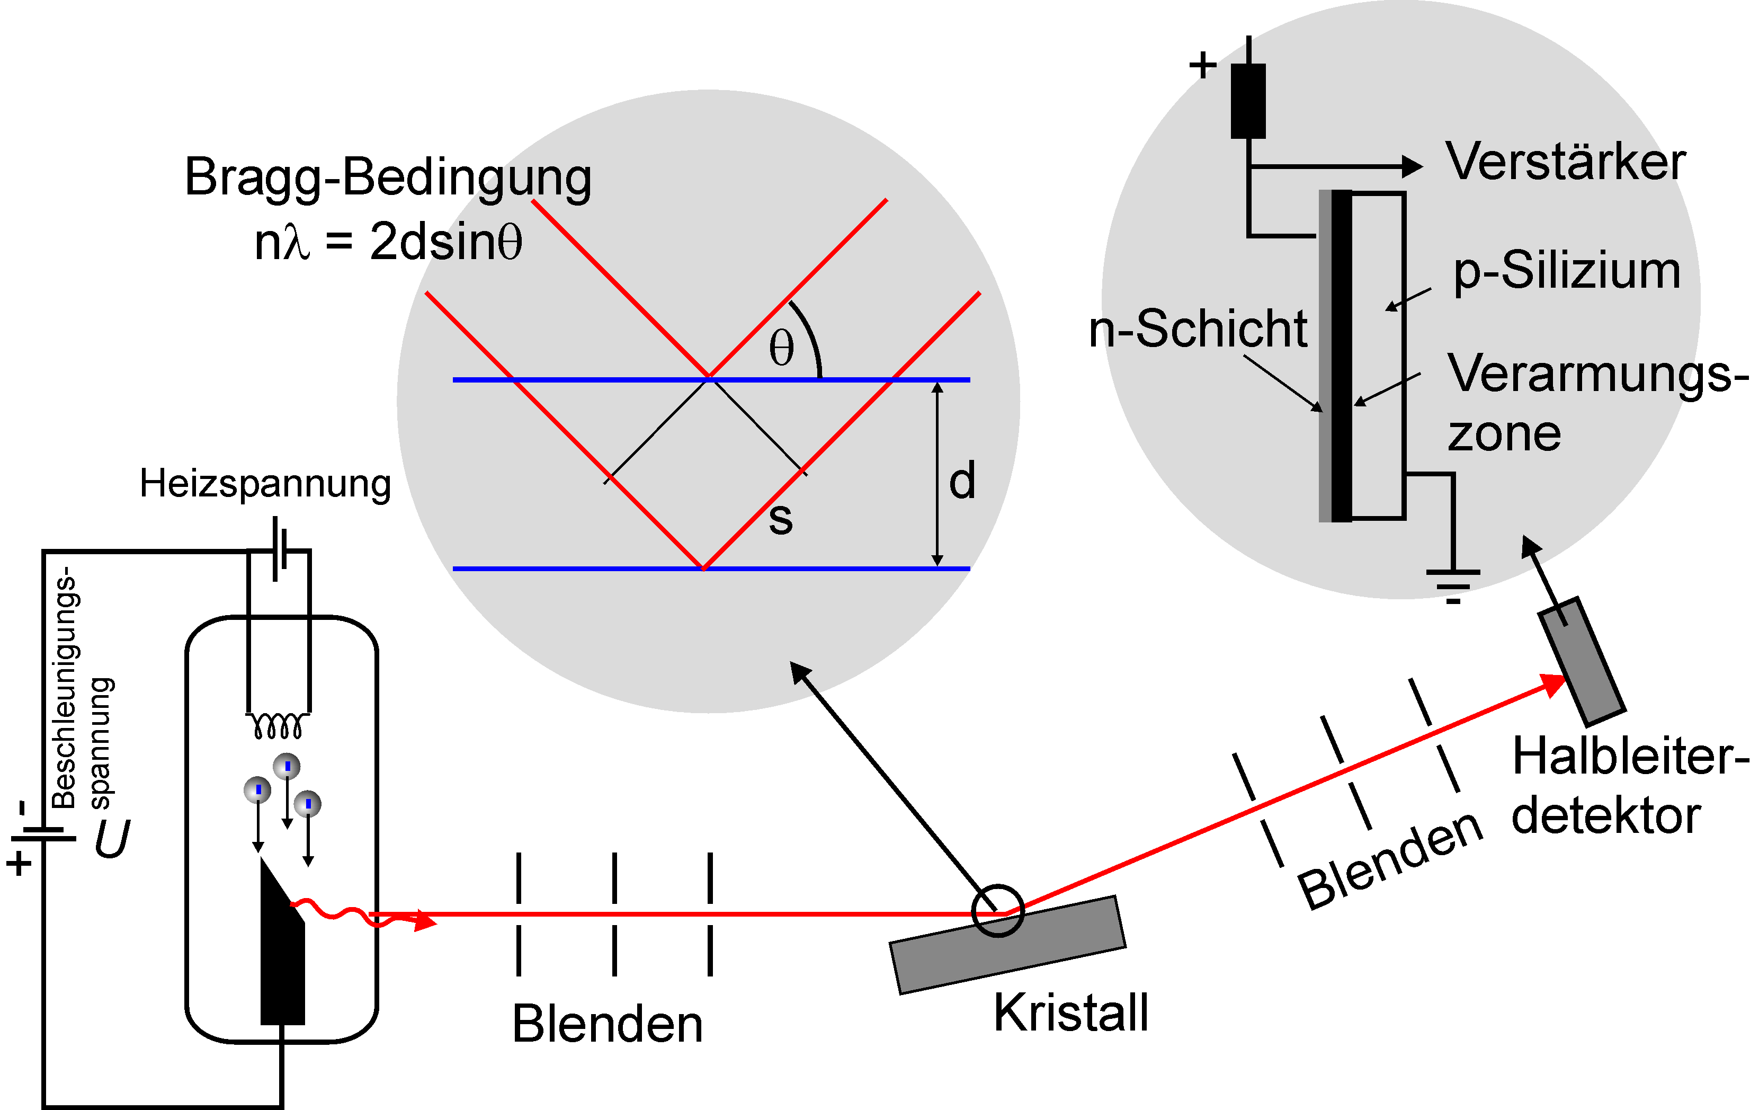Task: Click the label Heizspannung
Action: click(265, 483)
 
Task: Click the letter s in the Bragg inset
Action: click(781, 518)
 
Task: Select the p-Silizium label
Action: click(1567, 270)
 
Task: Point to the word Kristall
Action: click(1070, 1012)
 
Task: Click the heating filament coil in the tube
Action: click(278, 725)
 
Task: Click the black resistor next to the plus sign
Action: click(1248, 101)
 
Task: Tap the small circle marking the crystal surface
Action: click(998, 911)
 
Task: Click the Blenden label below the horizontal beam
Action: click(608, 1024)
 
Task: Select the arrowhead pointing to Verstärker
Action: click(1412, 166)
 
